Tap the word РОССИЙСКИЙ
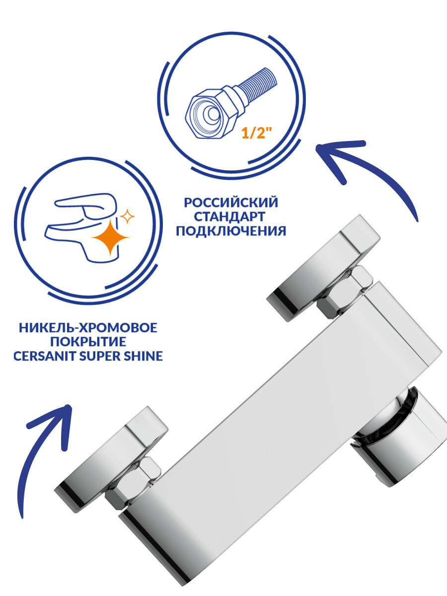tap(231, 203)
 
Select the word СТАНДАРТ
tap(231, 217)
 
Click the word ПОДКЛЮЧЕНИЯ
tap(231, 231)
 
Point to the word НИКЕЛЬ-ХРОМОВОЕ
tap(88, 328)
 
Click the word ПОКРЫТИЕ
tap(88, 342)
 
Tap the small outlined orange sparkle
tap(128, 217)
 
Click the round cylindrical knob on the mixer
tap(402, 437)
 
